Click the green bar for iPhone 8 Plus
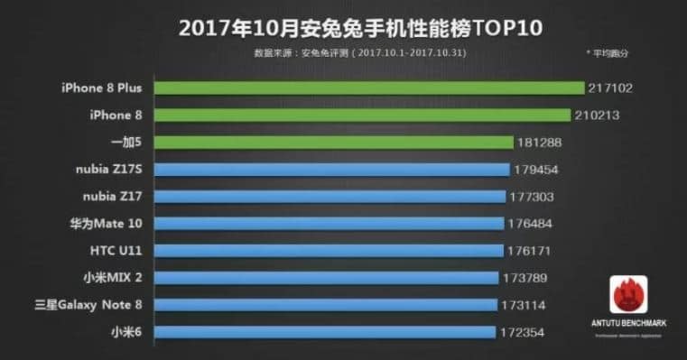pos(369,88)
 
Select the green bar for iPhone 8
pos(362,115)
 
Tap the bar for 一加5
pos(333,142)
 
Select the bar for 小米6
pos(324,332)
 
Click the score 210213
pos(598,115)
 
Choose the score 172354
pos(523,332)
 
